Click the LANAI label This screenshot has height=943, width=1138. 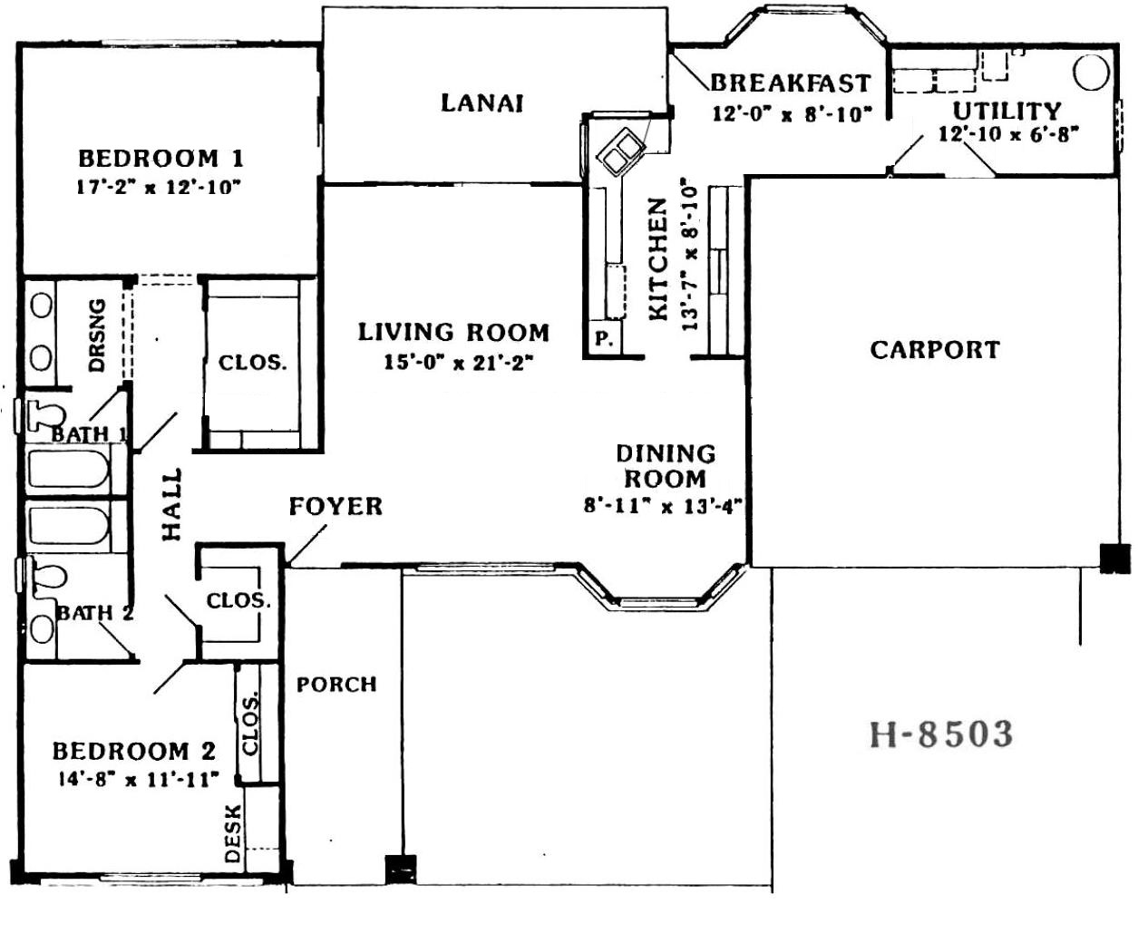click(481, 103)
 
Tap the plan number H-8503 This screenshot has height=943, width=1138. click(941, 734)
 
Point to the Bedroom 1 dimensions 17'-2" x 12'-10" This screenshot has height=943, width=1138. click(159, 188)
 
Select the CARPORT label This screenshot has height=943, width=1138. click(935, 350)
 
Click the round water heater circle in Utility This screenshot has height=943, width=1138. click(1091, 73)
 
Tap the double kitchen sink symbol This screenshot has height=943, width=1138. click(621, 151)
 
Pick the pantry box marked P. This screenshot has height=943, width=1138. click(603, 339)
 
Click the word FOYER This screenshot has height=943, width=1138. click(336, 506)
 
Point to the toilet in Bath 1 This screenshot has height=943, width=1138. click(44, 415)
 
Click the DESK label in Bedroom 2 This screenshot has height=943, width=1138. click(233, 834)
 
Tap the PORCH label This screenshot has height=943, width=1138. click(336, 685)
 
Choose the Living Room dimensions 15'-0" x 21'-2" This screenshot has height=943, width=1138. click(458, 363)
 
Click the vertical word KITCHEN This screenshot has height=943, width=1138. click(658, 259)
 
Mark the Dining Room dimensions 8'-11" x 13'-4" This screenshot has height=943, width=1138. click(663, 506)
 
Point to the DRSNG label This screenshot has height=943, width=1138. click(96, 335)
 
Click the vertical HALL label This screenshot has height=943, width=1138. click(171, 505)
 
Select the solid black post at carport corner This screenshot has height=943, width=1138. click(1114, 559)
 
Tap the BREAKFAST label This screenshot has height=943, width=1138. click(791, 83)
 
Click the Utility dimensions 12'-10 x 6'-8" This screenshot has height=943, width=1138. click(1009, 134)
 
